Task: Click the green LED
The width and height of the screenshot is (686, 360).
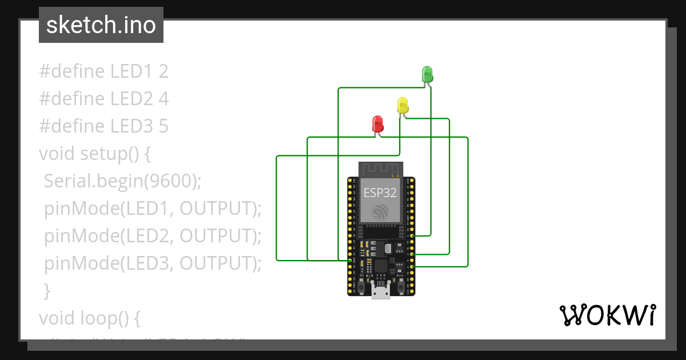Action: pyautogui.click(x=427, y=74)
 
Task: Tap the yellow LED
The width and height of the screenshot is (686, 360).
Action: pyautogui.click(x=402, y=105)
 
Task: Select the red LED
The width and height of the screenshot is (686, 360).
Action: pyautogui.click(x=377, y=123)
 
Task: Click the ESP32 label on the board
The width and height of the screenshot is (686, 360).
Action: pyautogui.click(x=378, y=192)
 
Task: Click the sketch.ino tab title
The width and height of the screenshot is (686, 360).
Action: pyautogui.click(x=101, y=25)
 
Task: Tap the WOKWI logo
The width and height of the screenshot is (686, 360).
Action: pyautogui.click(x=607, y=315)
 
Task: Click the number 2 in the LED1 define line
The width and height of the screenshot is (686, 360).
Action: pyautogui.click(x=163, y=71)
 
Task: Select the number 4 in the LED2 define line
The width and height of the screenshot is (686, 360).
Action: pyautogui.click(x=163, y=99)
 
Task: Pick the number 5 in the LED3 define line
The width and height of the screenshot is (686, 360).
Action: pyautogui.click(x=163, y=126)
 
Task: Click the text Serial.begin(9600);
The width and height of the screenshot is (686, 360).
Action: pyautogui.click(x=123, y=181)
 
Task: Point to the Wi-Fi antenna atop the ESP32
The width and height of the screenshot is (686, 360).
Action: pyautogui.click(x=381, y=169)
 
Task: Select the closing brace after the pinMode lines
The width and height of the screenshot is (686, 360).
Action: pyautogui.click(x=47, y=291)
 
